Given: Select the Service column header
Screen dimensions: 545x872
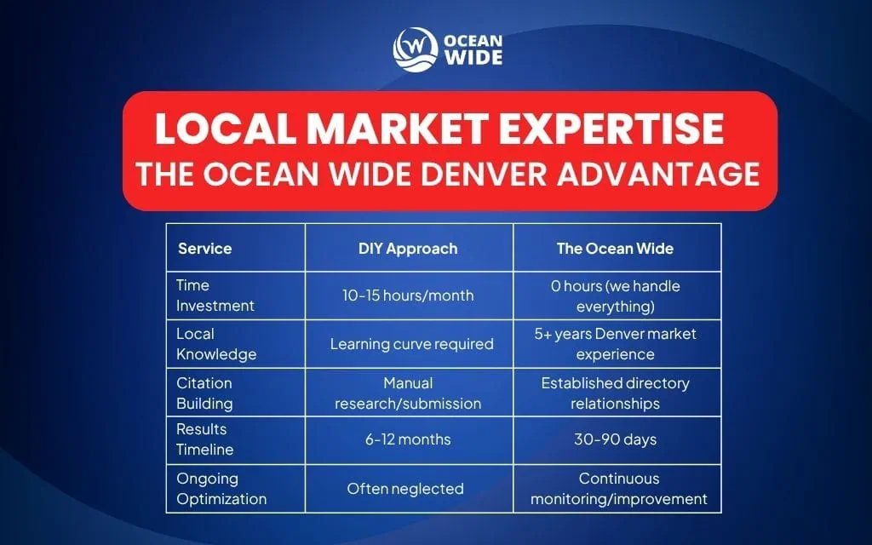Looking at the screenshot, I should click(x=204, y=249).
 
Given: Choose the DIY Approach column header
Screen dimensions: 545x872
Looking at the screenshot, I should click(x=408, y=249).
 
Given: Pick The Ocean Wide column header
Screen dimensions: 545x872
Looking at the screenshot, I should click(x=615, y=249).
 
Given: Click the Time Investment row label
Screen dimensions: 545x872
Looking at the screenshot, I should click(x=215, y=295).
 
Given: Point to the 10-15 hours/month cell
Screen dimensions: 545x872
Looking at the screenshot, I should click(x=408, y=295).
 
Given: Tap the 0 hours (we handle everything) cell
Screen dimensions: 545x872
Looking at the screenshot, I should click(x=615, y=295).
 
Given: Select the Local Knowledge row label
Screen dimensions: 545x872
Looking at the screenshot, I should click(x=216, y=343).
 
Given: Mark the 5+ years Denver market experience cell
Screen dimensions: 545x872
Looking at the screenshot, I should click(x=615, y=343).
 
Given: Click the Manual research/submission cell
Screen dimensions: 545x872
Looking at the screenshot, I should click(x=408, y=393).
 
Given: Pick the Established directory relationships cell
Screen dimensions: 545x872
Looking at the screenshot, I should click(x=615, y=393).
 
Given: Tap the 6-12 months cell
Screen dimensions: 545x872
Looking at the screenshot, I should click(x=408, y=440).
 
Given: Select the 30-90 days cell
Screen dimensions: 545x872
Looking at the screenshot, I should click(x=615, y=440).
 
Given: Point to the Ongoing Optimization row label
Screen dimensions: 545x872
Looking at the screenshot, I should click(x=221, y=488).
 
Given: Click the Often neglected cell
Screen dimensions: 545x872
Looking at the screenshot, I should click(x=404, y=489).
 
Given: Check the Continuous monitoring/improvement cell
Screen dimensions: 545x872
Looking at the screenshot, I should click(x=618, y=489).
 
